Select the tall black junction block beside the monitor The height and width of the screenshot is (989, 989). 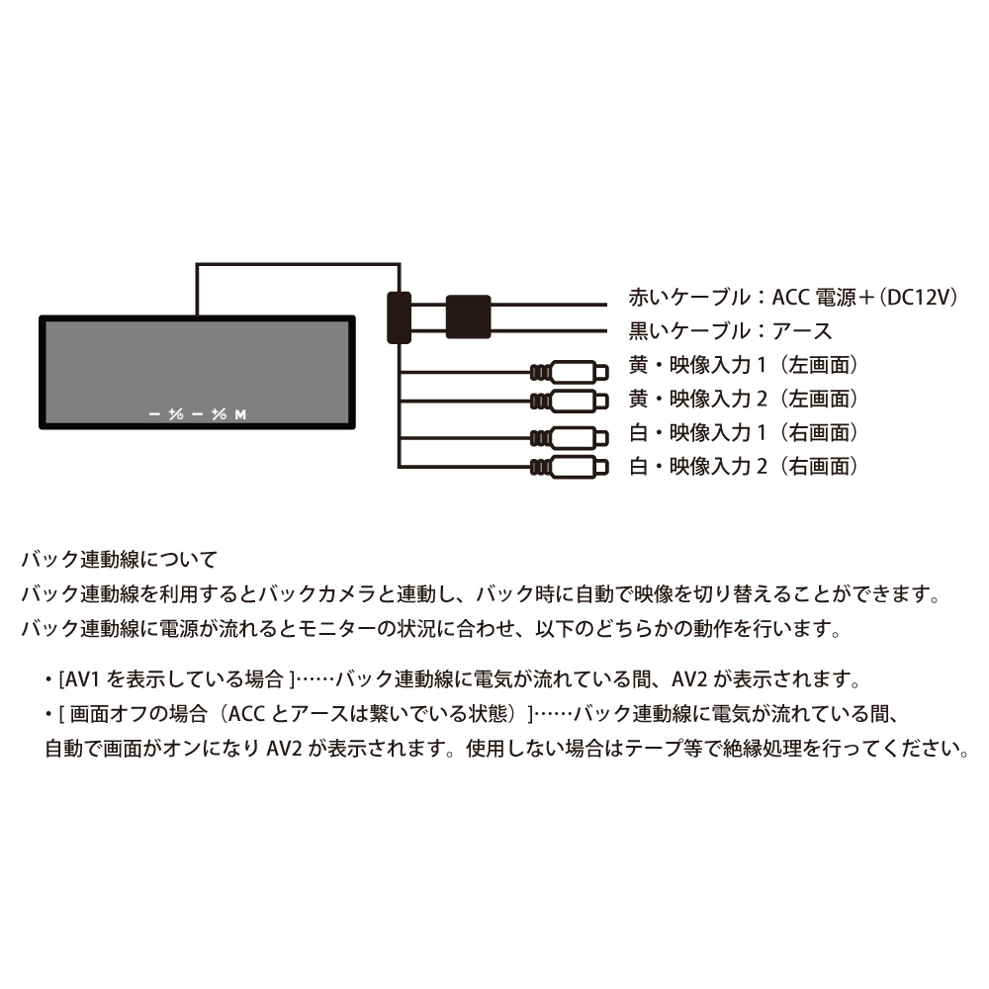pos(399,317)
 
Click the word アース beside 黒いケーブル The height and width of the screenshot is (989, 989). pos(801,330)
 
